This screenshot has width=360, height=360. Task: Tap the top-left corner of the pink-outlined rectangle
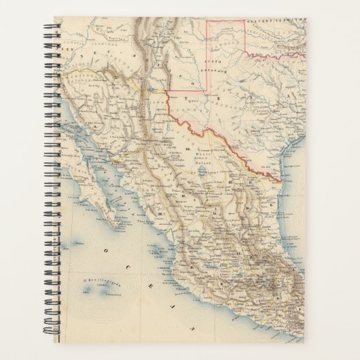pos(209,20)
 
